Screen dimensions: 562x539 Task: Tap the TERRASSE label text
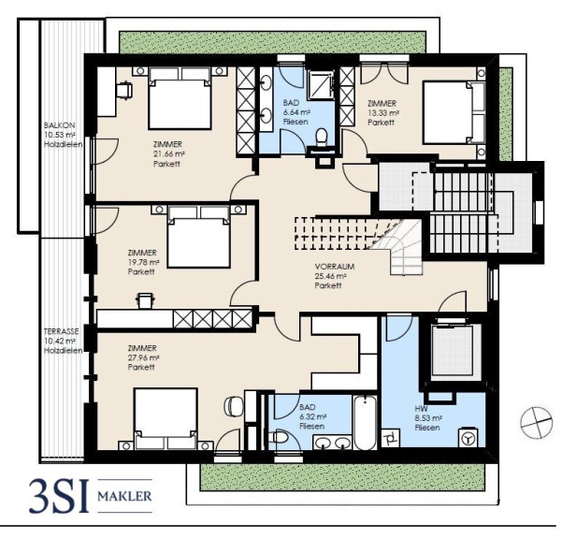coord(62,331)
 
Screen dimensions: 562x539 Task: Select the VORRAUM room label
coord(335,267)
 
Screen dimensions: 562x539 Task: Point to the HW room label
coord(421,409)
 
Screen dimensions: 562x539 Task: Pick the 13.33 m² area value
coord(383,113)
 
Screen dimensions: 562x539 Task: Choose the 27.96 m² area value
coord(143,357)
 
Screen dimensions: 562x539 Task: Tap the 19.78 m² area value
coord(143,262)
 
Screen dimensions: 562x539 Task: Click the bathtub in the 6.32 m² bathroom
coord(365,422)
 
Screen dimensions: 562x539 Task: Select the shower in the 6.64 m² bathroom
coord(321,83)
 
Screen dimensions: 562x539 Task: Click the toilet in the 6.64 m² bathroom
coord(322,138)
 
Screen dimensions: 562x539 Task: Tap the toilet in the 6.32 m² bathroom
coord(279,438)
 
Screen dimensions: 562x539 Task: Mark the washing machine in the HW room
coord(468,437)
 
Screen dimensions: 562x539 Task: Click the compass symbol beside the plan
coord(536,422)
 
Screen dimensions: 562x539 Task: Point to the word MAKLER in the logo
coord(124,496)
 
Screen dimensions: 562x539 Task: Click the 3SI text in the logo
coord(58,497)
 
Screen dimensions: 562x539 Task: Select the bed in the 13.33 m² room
coord(454,113)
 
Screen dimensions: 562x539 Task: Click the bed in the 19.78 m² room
coord(198,237)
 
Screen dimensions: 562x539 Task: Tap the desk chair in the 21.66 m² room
coord(124,90)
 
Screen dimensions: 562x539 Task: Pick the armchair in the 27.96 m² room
coord(234,406)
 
